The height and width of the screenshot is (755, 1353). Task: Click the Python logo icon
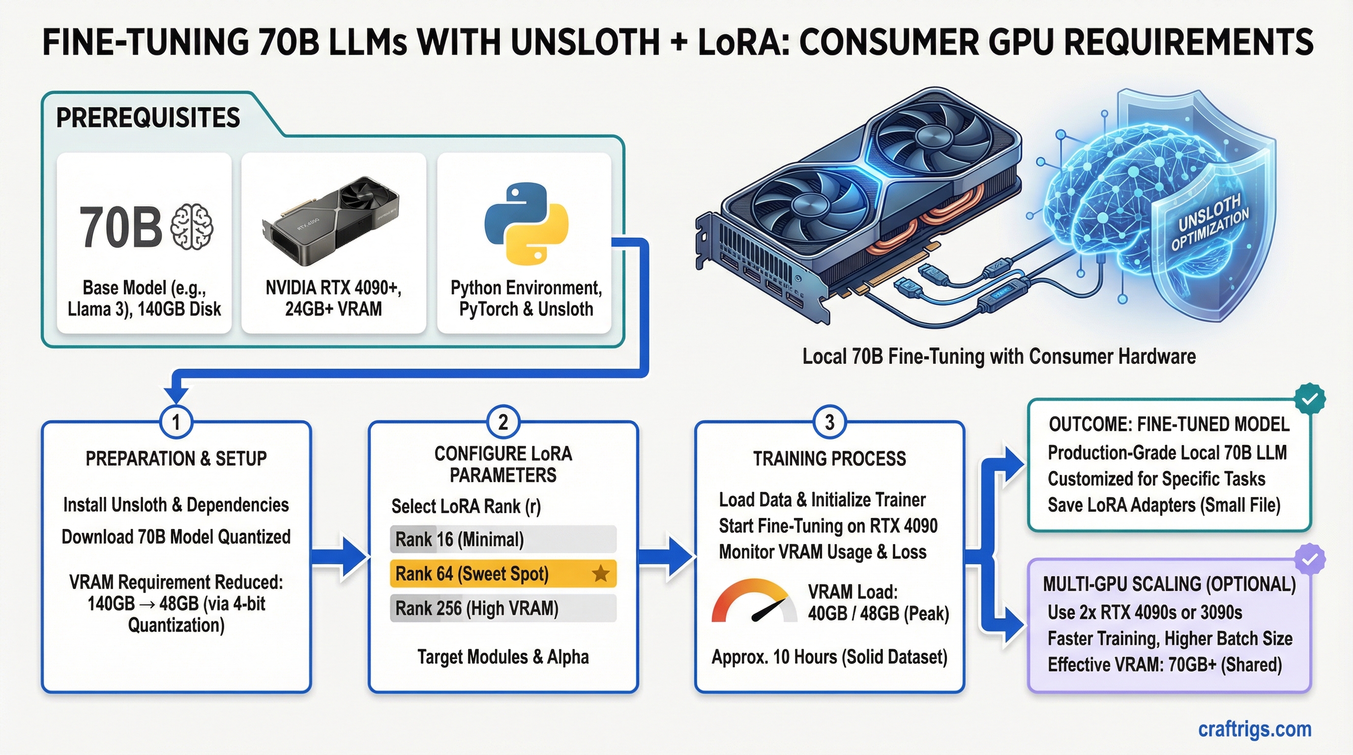(x=526, y=224)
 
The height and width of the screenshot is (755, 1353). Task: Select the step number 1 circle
(x=176, y=422)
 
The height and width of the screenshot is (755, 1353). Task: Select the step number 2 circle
(x=502, y=422)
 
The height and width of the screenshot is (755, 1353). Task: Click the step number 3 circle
(x=829, y=422)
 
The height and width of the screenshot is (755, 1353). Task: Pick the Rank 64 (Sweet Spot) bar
(x=502, y=574)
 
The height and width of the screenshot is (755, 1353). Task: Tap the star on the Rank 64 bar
(x=600, y=574)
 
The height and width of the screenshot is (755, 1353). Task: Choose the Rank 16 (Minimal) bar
(x=502, y=539)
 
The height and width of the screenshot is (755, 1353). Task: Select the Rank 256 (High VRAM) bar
(x=502, y=609)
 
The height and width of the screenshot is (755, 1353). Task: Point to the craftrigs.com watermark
(x=1254, y=729)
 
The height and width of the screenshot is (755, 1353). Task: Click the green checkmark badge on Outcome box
(x=1309, y=399)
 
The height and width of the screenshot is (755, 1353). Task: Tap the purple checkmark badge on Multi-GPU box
(x=1309, y=559)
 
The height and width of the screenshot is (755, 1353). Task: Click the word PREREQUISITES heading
(x=148, y=117)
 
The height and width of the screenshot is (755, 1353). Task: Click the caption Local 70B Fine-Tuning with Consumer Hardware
(x=999, y=356)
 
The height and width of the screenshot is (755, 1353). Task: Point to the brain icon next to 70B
(x=192, y=226)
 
